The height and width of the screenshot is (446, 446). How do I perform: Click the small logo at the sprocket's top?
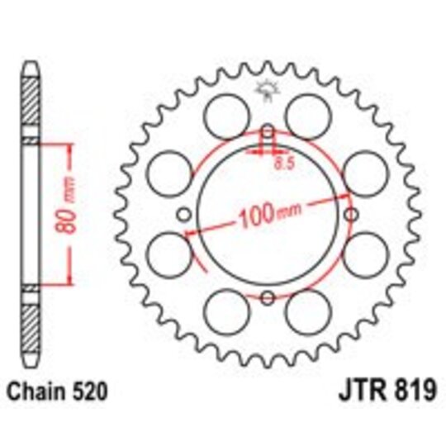[x=266, y=88]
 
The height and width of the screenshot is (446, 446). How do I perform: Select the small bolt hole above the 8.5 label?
[x=267, y=132]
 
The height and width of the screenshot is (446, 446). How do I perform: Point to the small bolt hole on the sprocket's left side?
[x=183, y=215]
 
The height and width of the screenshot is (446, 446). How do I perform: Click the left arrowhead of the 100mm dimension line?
[x=190, y=235]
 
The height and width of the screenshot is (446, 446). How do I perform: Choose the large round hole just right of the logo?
[x=310, y=110]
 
